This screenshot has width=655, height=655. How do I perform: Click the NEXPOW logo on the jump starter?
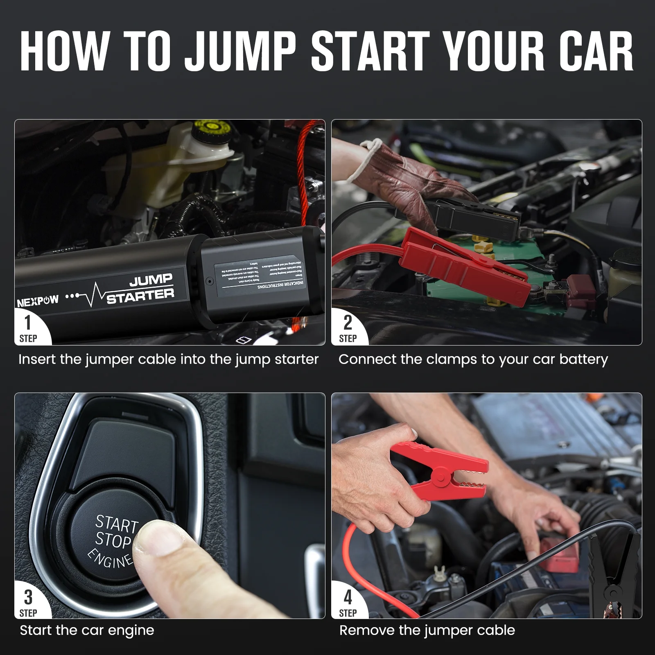tap(38, 301)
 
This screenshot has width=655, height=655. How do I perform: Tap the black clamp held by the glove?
tap(471, 213)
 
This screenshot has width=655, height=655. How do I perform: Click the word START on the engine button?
tap(117, 524)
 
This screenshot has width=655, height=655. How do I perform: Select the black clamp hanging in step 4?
tap(614, 573)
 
